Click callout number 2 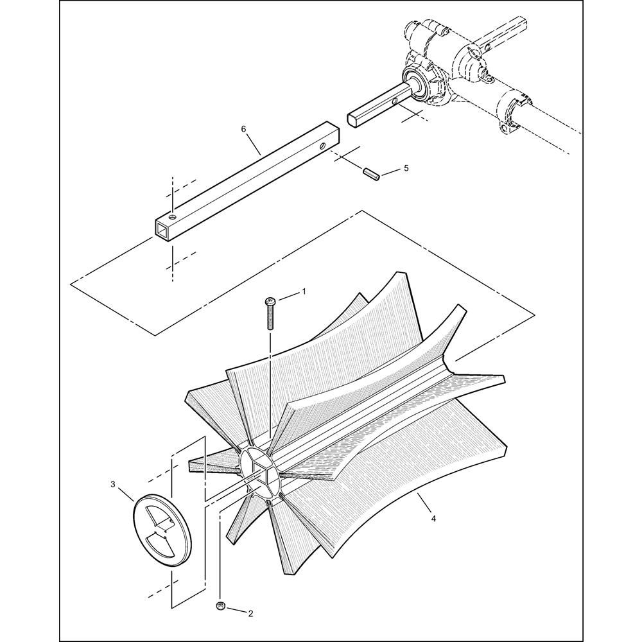click(x=250, y=613)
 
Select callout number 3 click(x=113, y=484)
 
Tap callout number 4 click(x=433, y=518)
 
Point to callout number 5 click(x=406, y=168)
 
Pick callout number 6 click(x=243, y=129)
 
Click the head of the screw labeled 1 click(x=270, y=302)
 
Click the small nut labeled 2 click(x=221, y=606)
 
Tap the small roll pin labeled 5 click(x=371, y=173)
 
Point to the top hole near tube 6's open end click(x=173, y=215)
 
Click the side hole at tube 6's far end click(x=324, y=145)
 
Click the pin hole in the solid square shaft click(x=394, y=101)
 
